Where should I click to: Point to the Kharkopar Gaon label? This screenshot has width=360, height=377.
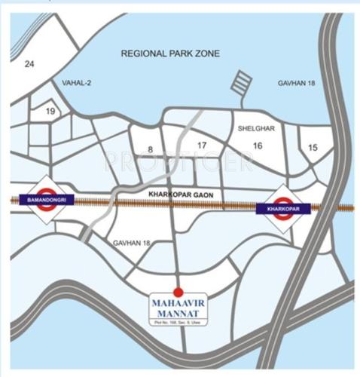(181, 195)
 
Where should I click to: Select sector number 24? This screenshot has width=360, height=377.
(29, 63)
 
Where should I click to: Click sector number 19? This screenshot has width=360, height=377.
(51, 112)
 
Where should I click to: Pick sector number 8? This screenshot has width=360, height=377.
(151, 149)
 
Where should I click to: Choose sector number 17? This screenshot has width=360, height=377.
(202, 145)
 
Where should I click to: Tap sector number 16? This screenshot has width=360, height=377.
(257, 145)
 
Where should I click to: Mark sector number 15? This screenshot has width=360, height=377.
(313, 147)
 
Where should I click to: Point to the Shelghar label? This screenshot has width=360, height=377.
(254, 128)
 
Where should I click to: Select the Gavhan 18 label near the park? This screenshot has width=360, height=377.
(295, 83)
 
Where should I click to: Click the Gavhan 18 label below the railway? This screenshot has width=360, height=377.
(131, 244)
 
